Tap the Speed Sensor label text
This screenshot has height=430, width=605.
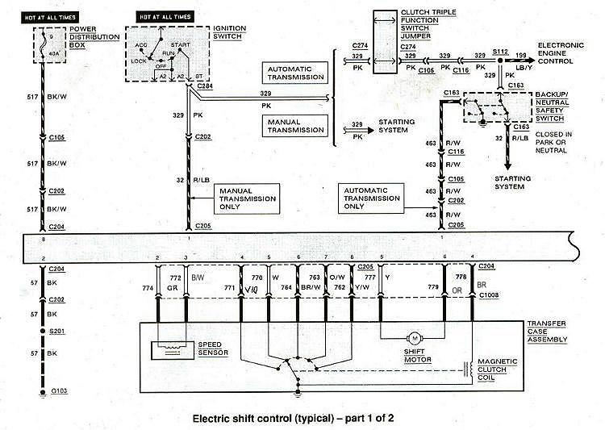tap(211, 348)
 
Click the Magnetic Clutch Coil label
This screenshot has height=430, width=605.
tap(498, 369)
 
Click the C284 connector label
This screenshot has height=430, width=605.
tap(205, 85)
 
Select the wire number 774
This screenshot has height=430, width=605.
tap(148, 287)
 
